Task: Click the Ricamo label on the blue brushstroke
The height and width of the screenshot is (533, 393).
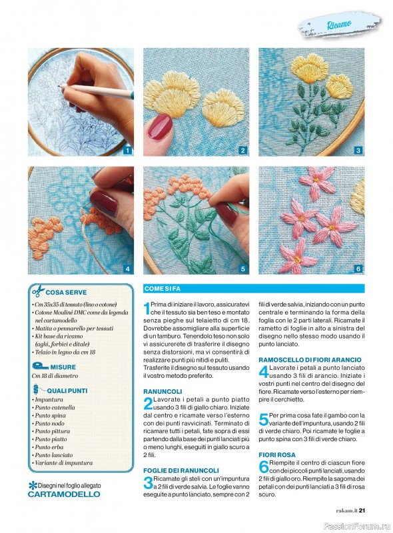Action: pyautogui.click(x=339, y=25)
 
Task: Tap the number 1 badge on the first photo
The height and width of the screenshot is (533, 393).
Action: pyautogui.click(x=127, y=151)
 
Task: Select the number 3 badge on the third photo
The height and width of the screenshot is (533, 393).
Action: pyautogui.click(x=358, y=151)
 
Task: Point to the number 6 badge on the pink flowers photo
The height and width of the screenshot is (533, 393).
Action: pyautogui.click(x=358, y=269)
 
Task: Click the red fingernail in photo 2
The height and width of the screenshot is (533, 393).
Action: pyautogui.click(x=160, y=127)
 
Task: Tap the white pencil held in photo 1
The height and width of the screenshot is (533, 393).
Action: pyautogui.click(x=96, y=91)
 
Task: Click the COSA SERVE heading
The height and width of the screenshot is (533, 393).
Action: pyautogui.click(x=66, y=292)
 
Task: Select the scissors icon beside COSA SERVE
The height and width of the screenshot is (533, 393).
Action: pyautogui.click(x=39, y=291)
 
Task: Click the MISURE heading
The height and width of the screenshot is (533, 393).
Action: pyautogui.click(x=63, y=367)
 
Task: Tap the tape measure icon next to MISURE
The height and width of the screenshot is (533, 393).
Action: pyautogui.click(x=41, y=366)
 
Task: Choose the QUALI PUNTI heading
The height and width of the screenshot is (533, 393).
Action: pyautogui.click(x=67, y=391)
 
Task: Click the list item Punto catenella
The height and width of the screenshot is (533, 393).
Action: pyautogui.click(x=55, y=408)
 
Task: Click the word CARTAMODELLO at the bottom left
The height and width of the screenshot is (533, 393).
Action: pyautogui.click(x=64, y=494)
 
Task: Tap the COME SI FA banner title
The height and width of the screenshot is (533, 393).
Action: pyautogui.click(x=162, y=289)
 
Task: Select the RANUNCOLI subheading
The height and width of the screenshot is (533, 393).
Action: pyautogui.click(x=163, y=392)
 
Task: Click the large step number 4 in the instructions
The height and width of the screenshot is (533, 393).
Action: pyautogui.click(x=264, y=372)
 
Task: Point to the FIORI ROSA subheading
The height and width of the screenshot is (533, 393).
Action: pyautogui.click(x=277, y=455)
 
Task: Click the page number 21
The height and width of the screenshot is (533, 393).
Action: pyautogui.click(x=362, y=510)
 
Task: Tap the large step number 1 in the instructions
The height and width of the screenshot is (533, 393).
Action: pyautogui.click(x=147, y=308)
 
